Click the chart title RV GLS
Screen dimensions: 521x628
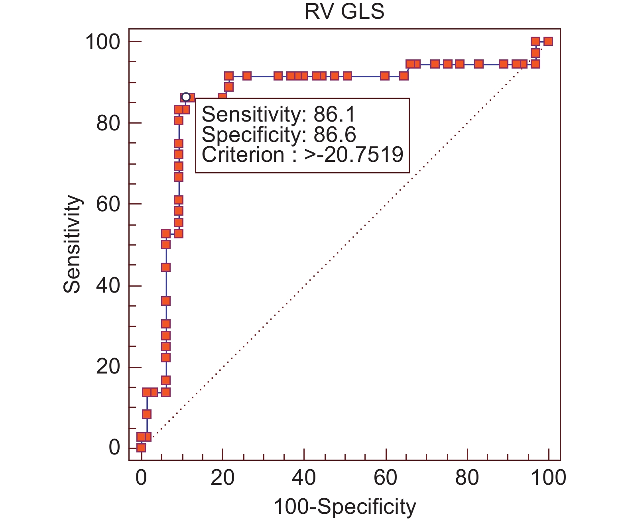click(x=344, y=12)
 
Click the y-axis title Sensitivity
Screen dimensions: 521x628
click(x=73, y=244)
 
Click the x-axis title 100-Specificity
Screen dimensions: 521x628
click(x=345, y=507)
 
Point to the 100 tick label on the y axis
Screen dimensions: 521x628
click(x=102, y=42)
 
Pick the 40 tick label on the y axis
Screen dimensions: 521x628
click(x=108, y=286)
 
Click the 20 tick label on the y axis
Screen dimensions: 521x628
click(x=108, y=367)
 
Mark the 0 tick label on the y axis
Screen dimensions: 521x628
click(x=114, y=448)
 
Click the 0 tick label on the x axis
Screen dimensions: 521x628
click(x=141, y=477)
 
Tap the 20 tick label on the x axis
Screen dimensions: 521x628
click(x=222, y=477)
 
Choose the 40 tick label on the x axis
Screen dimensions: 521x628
click(x=304, y=477)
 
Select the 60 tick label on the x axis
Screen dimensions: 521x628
click(x=386, y=477)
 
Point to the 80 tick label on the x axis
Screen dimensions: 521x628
click(x=467, y=477)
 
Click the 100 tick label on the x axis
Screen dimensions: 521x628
click(x=549, y=477)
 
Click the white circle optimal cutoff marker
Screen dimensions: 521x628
click(x=186, y=97)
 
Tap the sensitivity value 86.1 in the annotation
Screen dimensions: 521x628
click(x=335, y=115)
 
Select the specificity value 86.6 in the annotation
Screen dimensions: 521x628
click(x=335, y=135)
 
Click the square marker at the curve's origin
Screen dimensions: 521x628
click(x=141, y=448)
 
